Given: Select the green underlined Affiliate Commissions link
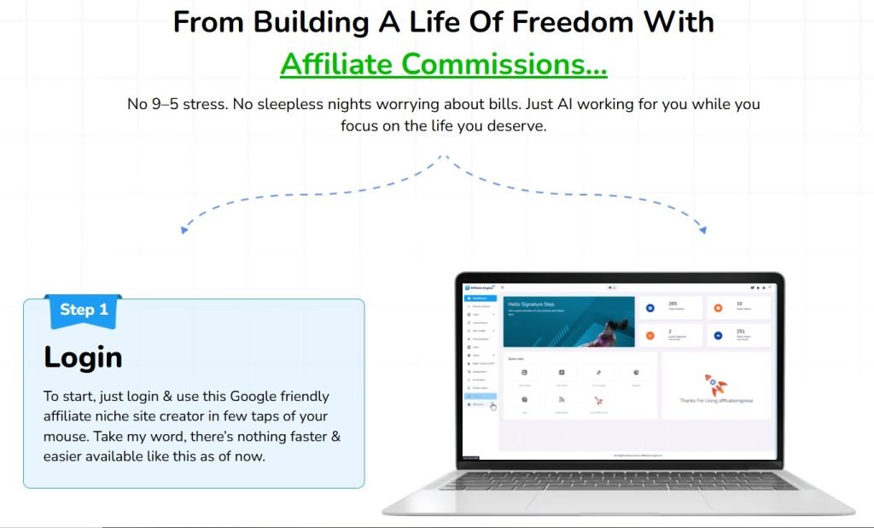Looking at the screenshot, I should click(x=443, y=64).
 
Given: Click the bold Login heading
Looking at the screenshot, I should click(x=83, y=357).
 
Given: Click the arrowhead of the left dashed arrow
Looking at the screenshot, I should click(x=183, y=229).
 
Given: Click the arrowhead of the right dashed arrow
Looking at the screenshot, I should click(x=702, y=229).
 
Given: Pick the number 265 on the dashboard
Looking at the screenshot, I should click(x=673, y=303).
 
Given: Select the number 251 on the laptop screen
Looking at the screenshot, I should click(x=742, y=331).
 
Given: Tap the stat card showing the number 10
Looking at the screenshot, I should click(x=738, y=307).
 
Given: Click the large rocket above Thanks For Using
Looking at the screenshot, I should click(x=715, y=383).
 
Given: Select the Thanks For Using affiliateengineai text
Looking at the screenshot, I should click(x=715, y=400).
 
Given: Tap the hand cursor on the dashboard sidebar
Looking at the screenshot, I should click(x=493, y=407).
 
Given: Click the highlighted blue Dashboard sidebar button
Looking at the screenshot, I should click(x=480, y=298).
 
